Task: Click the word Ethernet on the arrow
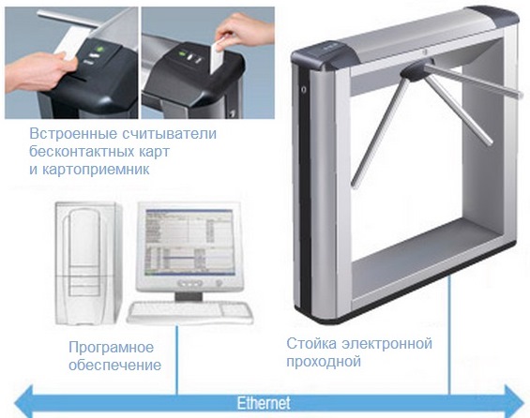point(264,403)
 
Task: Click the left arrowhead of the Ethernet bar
point(23,402)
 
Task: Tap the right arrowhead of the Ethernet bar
point(514,402)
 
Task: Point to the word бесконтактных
point(81,151)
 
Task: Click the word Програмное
point(112,347)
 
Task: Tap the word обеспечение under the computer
point(115,365)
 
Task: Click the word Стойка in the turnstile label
point(311,343)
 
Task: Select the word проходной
point(324,362)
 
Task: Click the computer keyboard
point(190,312)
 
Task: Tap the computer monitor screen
point(189,242)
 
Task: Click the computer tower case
point(88,263)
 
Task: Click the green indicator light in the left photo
point(99,50)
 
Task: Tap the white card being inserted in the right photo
point(217,56)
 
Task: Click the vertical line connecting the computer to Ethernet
point(176,360)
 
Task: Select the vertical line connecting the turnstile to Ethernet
point(450,335)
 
